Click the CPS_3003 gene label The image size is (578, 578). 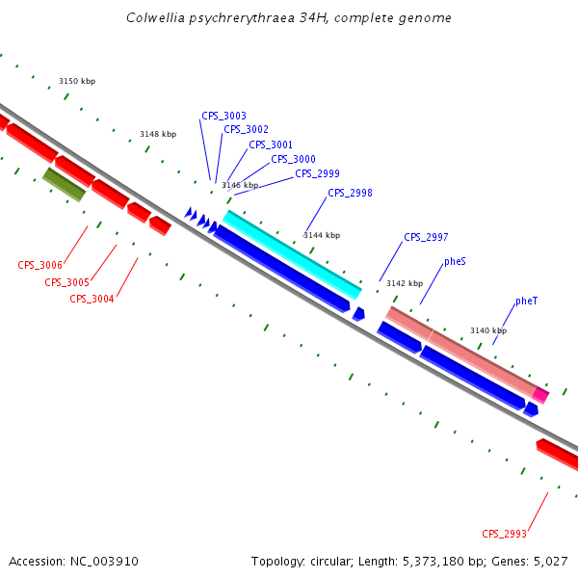pyautogui.click(x=223, y=116)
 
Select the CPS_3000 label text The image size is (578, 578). pyautogui.click(x=293, y=159)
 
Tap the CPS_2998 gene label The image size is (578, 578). pyautogui.click(x=350, y=193)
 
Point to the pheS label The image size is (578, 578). pyautogui.click(x=455, y=262)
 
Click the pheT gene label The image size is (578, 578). pyautogui.click(x=526, y=302)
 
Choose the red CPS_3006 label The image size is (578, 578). pyautogui.click(x=39, y=265)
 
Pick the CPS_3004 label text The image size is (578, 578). pyautogui.click(x=92, y=299)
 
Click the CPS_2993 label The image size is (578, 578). pyautogui.click(x=504, y=534)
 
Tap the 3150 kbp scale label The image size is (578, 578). pyautogui.click(x=77, y=82)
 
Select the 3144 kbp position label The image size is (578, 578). pyautogui.click(x=322, y=235)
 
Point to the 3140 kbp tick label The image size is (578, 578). pyautogui.click(x=488, y=330)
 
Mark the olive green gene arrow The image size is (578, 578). pyautogui.click(x=65, y=184)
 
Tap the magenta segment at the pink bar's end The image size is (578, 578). pyautogui.click(x=541, y=394)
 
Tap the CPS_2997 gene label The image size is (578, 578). pyautogui.click(x=426, y=237)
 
